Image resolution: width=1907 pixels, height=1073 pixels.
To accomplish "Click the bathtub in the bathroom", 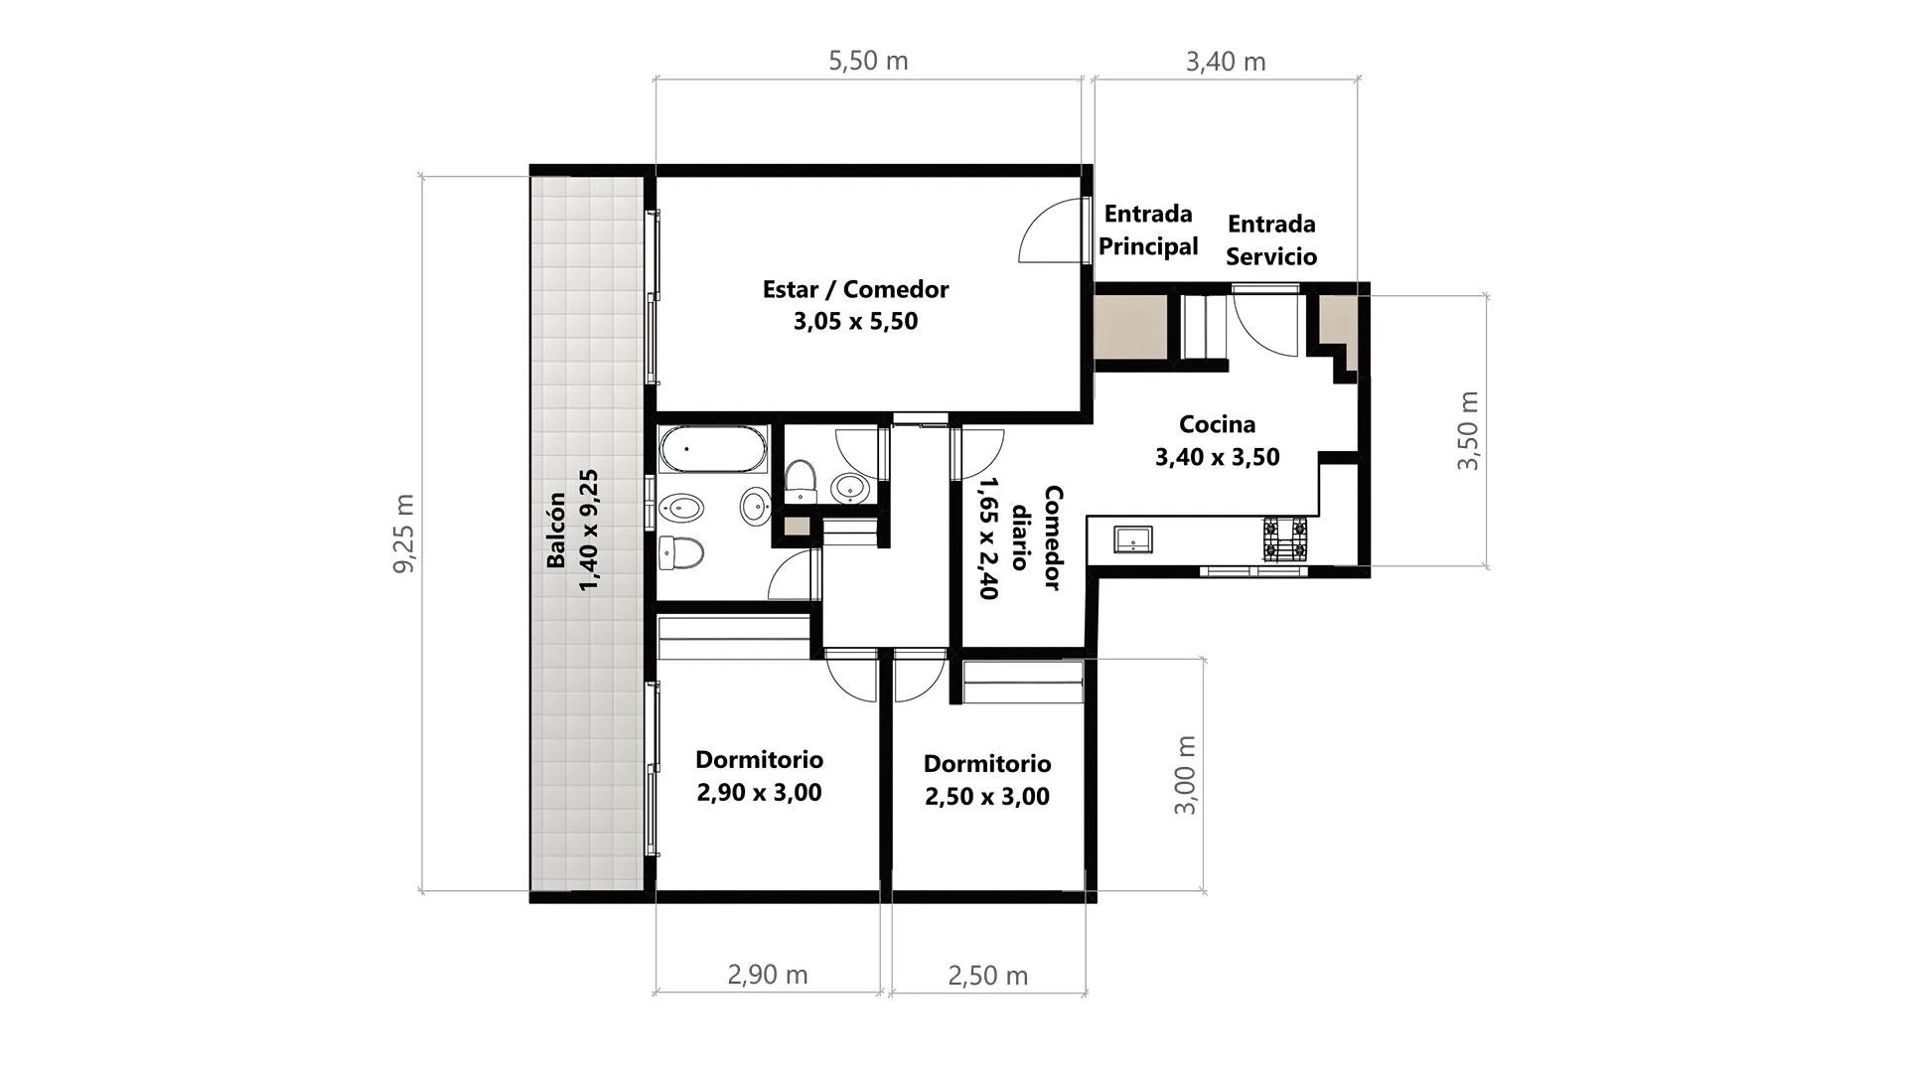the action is pyautogui.click(x=713, y=450).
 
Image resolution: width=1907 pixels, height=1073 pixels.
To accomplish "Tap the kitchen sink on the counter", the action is pyautogui.click(x=1132, y=539).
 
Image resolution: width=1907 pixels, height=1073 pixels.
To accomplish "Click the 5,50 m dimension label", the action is pyautogui.click(x=868, y=61).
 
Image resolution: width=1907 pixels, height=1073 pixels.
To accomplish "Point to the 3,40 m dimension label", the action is pyautogui.click(x=1226, y=62).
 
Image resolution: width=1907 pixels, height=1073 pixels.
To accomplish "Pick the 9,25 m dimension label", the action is pyautogui.click(x=405, y=534).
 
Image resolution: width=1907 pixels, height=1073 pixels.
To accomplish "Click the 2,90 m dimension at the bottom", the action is pyautogui.click(x=768, y=975).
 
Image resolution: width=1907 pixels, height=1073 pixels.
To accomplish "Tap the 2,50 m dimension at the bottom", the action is pyautogui.click(x=987, y=976).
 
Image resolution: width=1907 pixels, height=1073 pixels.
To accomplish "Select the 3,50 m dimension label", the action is pyautogui.click(x=1468, y=430).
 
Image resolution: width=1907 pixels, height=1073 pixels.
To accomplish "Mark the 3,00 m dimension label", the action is pyautogui.click(x=1185, y=776).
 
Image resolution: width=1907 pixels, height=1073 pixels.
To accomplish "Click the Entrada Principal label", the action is pyautogui.click(x=1148, y=230).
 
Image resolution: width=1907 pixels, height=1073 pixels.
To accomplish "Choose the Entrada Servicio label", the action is pyautogui.click(x=1271, y=239).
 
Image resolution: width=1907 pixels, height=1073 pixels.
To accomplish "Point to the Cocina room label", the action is pyautogui.click(x=1217, y=424).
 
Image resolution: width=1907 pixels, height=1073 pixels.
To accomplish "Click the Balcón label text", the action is pyautogui.click(x=556, y=531).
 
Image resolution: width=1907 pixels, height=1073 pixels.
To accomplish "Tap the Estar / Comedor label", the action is pyautogui.click(x=855, y=289).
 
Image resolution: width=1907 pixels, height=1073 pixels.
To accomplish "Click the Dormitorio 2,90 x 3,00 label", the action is pyautogui.click(x=759, y=776).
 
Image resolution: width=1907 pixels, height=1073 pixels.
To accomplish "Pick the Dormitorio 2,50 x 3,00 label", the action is pyautogui.click(x=987, y=780).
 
